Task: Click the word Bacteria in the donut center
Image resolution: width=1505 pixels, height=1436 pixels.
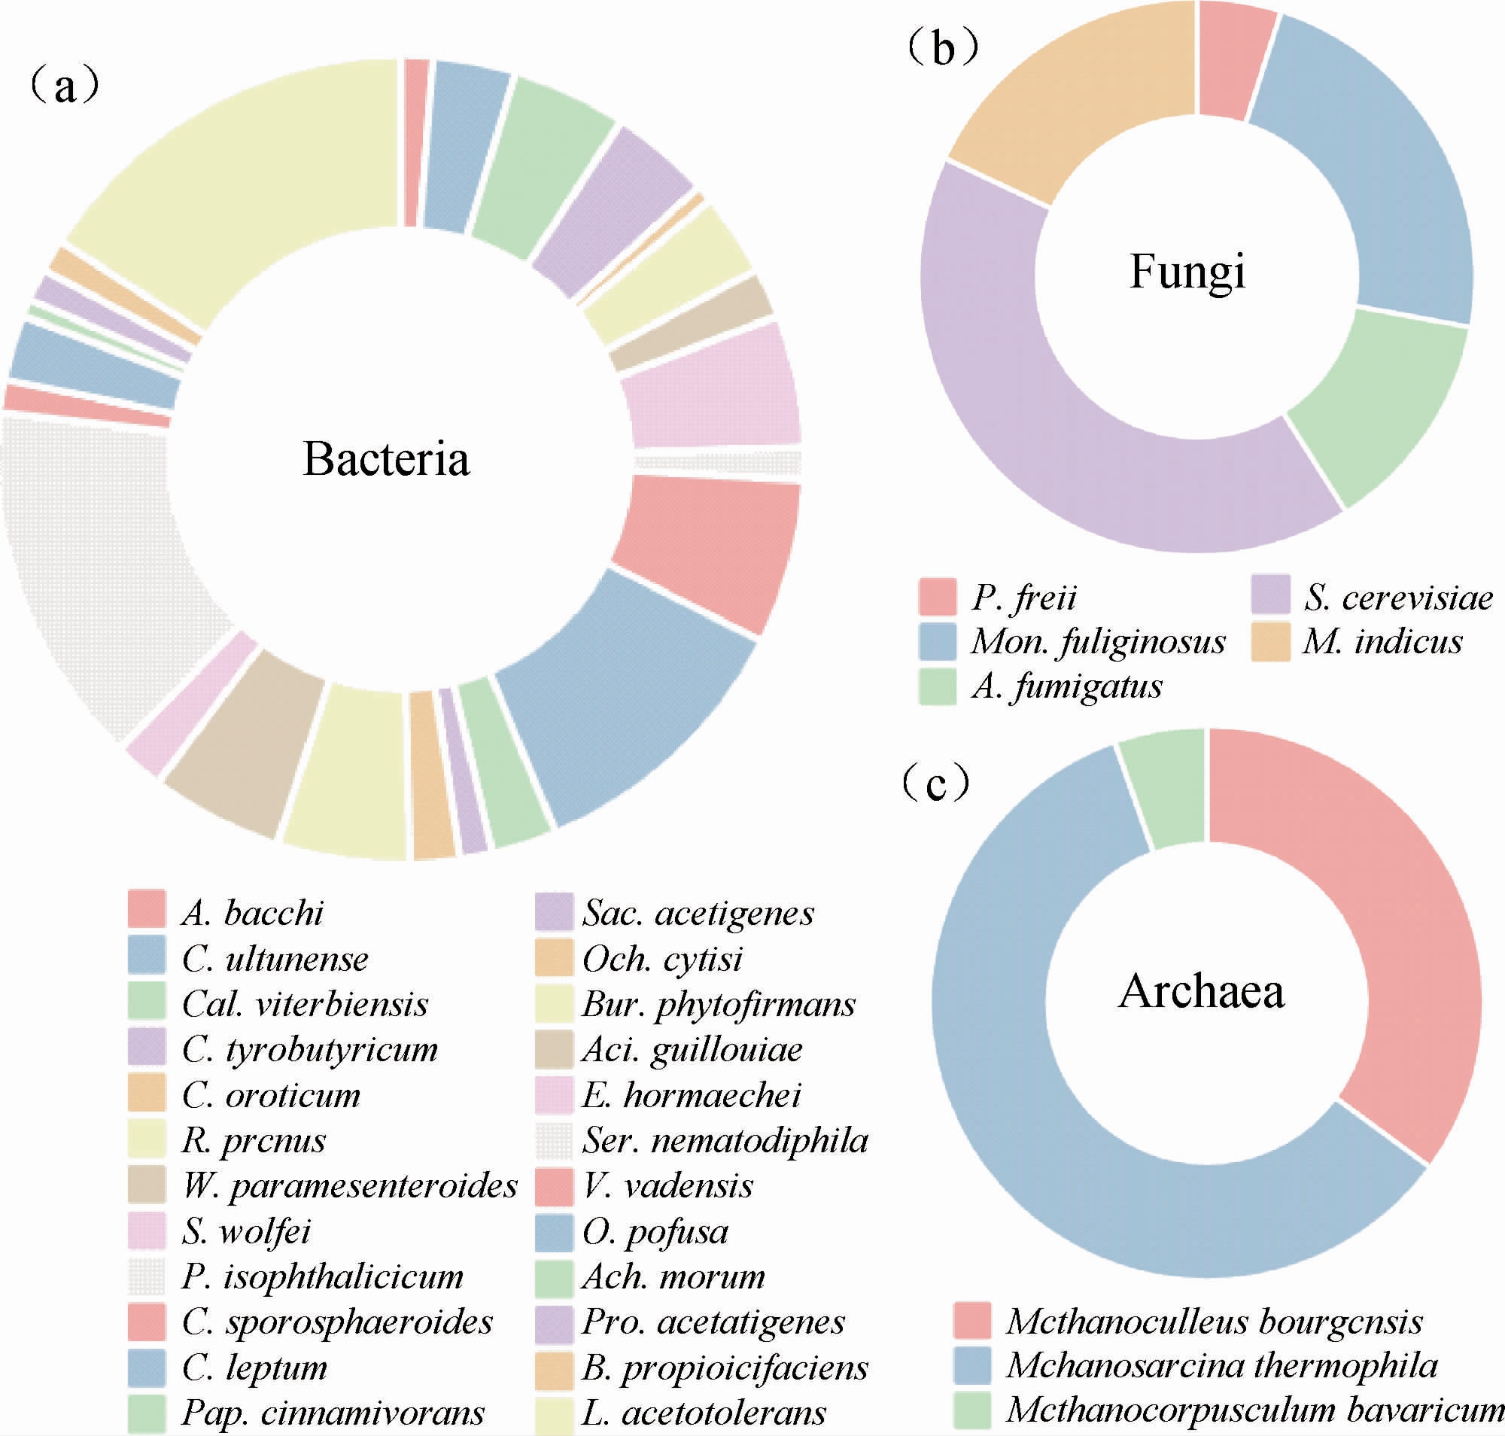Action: (x=386, y=459)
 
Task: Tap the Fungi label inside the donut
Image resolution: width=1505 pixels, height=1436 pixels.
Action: (x=1187, y=272)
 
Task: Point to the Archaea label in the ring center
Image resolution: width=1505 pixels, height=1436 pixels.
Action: (x=1201, y=991)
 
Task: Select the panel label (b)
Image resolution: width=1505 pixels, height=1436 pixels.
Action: (x=942, y=48)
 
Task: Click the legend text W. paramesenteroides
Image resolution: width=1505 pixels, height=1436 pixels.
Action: (x=350, y=1185)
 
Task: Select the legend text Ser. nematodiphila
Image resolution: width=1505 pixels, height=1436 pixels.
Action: (x=725, y=1140)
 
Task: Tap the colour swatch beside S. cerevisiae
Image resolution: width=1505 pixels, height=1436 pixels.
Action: (x=1270, y=595)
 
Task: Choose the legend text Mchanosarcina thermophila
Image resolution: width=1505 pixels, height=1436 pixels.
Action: (x=1222, y=1365)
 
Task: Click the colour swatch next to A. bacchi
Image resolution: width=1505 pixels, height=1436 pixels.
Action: (x=146, y=908)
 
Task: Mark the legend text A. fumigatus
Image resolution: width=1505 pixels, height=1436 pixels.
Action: (x=1066, y=686)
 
